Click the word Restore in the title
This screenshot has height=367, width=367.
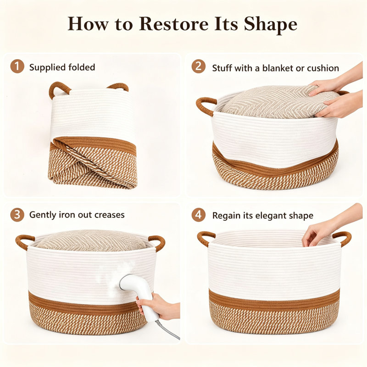point(174,24)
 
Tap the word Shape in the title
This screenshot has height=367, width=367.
point(270,25)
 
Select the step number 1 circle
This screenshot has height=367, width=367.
point(17,66)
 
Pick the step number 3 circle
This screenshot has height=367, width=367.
point(17,215)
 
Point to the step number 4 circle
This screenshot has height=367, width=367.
point(199,215)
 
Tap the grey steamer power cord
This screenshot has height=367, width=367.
point(168,330)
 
